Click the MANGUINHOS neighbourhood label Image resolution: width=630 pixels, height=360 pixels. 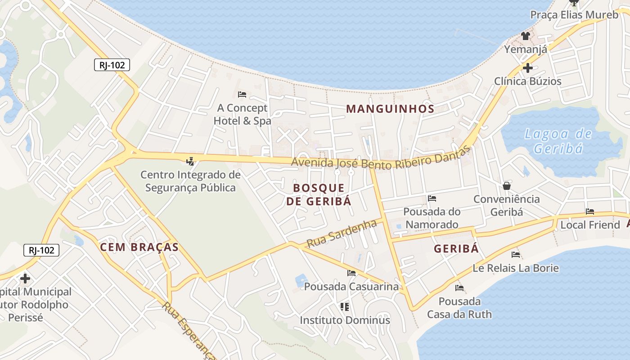pos(390,108)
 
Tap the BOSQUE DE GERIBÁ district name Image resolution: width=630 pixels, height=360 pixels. pos(319,194)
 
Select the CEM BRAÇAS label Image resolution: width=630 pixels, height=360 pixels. pos(139,247)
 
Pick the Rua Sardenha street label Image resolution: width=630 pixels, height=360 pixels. pos(341,233)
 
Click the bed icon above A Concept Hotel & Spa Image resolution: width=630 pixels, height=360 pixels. pos(242,94)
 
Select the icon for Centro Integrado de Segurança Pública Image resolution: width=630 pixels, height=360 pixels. pos(190,161)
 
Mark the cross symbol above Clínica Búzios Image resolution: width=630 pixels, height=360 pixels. pos(528,68)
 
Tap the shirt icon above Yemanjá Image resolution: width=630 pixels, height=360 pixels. pos(526,36)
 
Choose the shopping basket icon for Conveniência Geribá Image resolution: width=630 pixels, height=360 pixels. pos(507,185)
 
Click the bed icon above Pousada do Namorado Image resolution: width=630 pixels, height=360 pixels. pos(432,198)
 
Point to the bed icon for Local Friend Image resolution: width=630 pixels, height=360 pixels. pos(590,211)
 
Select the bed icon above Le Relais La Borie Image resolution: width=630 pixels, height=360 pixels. pos(516,255)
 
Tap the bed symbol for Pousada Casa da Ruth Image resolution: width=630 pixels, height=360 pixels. pos(459,288)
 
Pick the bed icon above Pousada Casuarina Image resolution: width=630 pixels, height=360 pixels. pos(351,273)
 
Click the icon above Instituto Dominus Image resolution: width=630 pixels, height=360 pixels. pos(345,307)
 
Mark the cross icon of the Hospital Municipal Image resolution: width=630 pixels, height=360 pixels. pos(25,279)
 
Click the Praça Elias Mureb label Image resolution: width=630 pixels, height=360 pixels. pos(574,15)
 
